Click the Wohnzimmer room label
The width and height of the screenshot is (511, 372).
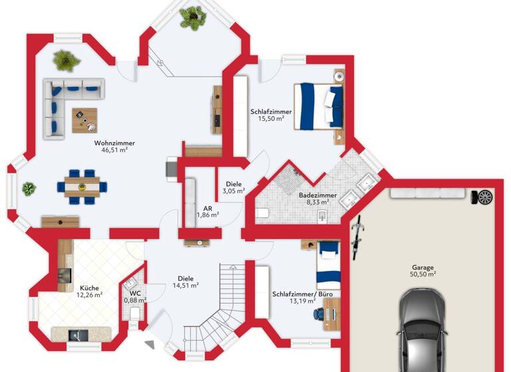[x=114, y=143]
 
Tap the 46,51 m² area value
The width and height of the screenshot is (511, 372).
[x=114, y=151]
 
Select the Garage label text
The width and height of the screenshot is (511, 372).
[x=422, y=267]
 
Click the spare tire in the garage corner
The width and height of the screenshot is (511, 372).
[x=486, y=197]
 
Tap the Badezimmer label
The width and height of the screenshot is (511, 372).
[x=317, y=195]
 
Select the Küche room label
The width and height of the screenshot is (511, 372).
[x=89, y=288]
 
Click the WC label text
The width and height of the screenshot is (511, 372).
[x=135, y=293]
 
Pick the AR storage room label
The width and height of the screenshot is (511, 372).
[x=208, y=208]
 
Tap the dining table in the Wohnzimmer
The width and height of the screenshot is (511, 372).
[x=83, y=182]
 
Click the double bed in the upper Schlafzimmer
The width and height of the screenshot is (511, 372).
[x=319, y=106]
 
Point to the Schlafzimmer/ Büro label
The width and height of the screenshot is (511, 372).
[x=302, y=294]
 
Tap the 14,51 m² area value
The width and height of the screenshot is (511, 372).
[x=186, y=286]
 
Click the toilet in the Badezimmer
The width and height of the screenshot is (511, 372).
[x=261, y=213]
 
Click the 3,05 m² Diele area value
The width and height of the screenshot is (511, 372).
[x=234, y=191]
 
